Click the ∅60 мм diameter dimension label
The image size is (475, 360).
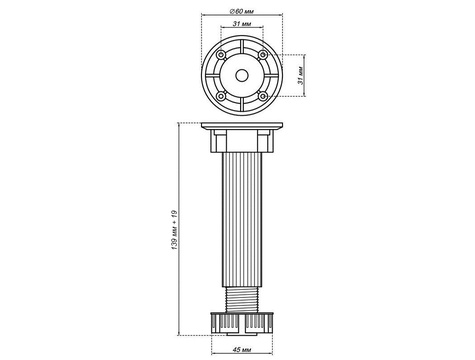[x=242, y=11]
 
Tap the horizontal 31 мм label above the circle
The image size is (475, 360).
[x=242, y=24]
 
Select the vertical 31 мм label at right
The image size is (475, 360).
[x=301, y=76]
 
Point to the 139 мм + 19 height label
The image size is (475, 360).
[x=174, y=230]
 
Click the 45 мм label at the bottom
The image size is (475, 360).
[x=242, y=350]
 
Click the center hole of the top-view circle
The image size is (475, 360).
[x=242, y=76]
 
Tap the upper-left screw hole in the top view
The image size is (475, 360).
[x=221, y=55]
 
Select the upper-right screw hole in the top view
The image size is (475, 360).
[x=263, y=55]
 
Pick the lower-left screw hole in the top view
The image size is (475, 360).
[x=221, y=97]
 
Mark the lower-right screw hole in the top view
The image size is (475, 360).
[x=263, y=97]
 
